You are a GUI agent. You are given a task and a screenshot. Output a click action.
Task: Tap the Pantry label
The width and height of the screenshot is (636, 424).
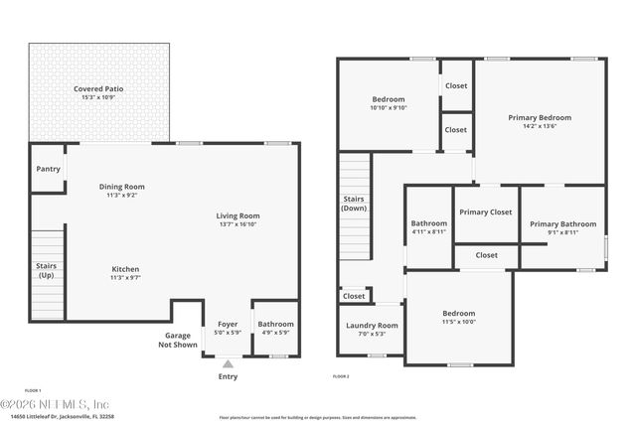pos(47,169)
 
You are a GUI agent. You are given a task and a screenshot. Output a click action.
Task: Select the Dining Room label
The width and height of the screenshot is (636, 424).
pos(121,187)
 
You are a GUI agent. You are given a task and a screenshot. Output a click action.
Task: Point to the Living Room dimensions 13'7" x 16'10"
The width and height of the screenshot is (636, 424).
pos(238,224)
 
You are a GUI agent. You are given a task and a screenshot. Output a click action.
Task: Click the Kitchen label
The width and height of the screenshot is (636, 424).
pos(125,269)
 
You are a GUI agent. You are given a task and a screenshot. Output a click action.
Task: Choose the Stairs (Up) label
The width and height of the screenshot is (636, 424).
pos(46,270)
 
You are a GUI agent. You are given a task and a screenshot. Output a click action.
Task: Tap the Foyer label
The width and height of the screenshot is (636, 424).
pos(228,324)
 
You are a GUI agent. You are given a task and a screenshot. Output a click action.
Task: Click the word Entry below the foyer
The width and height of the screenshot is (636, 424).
pos(228,376)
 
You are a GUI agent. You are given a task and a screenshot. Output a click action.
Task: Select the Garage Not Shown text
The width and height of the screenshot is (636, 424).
pos(180,341)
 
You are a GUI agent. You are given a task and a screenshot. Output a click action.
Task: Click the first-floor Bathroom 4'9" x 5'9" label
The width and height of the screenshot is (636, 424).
pos(275,324)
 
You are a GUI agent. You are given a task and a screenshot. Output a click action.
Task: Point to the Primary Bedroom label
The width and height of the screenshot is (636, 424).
pos(540,117)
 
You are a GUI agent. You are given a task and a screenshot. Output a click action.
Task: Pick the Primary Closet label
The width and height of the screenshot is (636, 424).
pos(486,212)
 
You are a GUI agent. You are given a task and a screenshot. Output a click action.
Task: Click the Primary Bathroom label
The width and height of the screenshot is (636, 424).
pos(562,224)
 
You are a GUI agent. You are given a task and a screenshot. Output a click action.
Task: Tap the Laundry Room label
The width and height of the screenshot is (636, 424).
pos(372,326)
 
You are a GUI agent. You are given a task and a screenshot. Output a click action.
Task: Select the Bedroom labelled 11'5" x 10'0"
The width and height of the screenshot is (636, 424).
pos(458,314)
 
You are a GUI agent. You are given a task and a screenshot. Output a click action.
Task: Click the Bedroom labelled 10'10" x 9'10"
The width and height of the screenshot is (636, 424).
pos(389,99)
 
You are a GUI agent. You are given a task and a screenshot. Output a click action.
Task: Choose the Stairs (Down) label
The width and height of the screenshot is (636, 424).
pos(354,204)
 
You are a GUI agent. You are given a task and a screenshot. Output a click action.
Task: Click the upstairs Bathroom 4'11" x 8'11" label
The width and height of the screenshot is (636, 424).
pos(429,224)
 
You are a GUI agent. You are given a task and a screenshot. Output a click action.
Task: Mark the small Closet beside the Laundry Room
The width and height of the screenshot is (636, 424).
pos(354,296)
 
